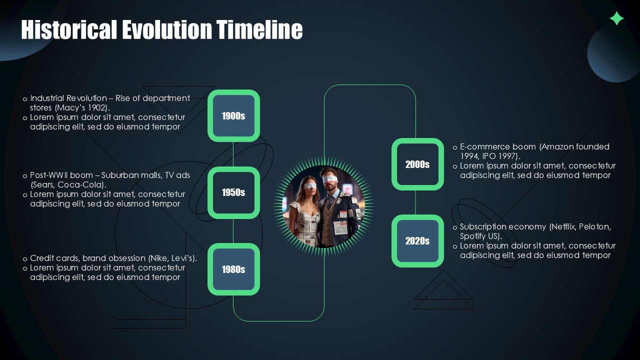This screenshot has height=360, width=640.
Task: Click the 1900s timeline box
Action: tap(233, 116)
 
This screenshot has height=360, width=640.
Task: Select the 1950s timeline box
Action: tap(233, 192)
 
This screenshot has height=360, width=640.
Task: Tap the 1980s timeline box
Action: tap(233, 269)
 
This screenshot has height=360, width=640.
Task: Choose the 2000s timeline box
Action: tap(417, 164)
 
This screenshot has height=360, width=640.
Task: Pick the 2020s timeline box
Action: tap(417, 241)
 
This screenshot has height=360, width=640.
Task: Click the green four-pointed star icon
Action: tap(616, 18)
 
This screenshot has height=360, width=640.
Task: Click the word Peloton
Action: tap(594, 227)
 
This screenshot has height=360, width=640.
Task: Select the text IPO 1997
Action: tap(499, 156)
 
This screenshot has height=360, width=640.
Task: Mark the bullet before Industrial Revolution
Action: tap(25, 99)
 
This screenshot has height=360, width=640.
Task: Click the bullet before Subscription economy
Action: tap(455, 227)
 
